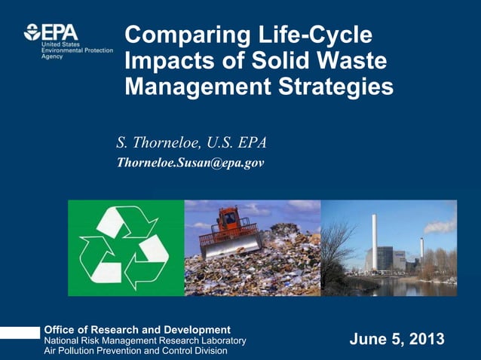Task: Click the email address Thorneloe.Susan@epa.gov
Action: coord(189,162)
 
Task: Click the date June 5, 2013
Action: coord(397,340)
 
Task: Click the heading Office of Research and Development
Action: coord(137,330)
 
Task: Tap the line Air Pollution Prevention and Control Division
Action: coord(136,352)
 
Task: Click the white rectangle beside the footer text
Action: coord(20,333)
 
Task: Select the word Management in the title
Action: coord(182,87)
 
